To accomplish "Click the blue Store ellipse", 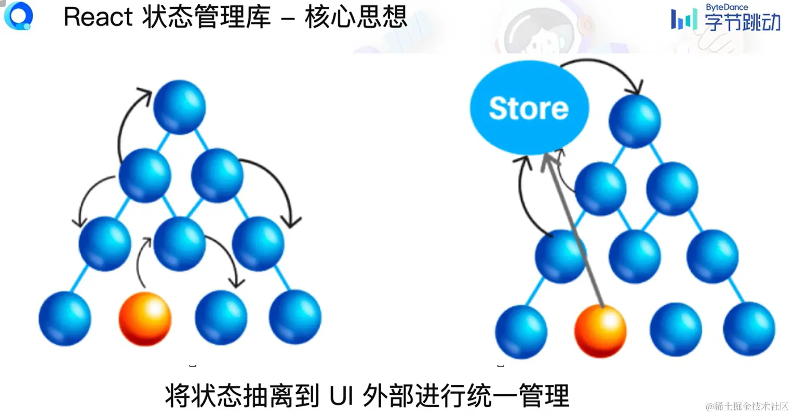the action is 529,108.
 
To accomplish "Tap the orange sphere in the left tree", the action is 145,319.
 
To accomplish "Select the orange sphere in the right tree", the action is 600,331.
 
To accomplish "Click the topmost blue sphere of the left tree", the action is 180,107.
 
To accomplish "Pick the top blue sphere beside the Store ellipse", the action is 635,121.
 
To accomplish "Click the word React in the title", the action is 98,17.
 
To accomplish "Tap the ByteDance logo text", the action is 727,7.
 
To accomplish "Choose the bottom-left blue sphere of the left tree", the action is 65,319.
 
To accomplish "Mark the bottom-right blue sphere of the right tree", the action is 749,330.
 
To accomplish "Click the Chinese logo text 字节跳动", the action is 742,22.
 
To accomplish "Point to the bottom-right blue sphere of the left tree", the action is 295,317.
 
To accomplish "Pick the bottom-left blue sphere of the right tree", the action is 521,331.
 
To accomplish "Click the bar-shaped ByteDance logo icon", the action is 683,20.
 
